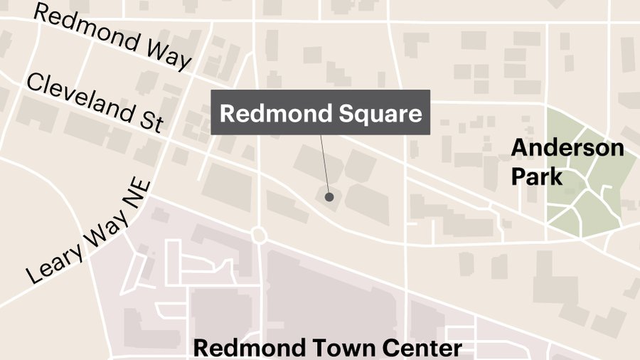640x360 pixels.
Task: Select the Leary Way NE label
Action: click(x=90, y=231)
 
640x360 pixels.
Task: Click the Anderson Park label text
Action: click(x=567, y=162)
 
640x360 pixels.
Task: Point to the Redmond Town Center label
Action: click(x=328, y=349)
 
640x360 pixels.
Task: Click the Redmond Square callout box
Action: click(x=320, y=112)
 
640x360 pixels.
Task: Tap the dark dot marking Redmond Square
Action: click(x=329, y=196)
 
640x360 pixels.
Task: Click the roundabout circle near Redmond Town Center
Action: click(x=259, y=235)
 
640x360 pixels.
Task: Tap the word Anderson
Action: click(x=567, y=149)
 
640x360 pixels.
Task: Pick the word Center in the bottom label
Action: click(x=422, y=349)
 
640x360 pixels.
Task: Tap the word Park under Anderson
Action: click(x=537, y=175)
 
